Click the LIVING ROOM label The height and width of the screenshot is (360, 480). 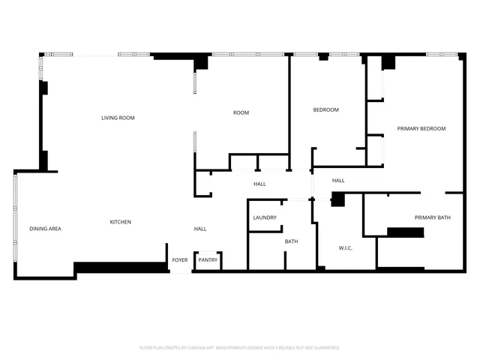click(x=118, y=118)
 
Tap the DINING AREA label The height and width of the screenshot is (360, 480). click(x=45, y=229)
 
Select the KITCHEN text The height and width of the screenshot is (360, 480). click(x=121, y=222)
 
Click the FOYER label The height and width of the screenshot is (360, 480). click(x=180, y=260)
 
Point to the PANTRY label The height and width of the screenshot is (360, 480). click(x=208, y=260)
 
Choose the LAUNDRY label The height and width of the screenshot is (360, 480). click(x=265, y=217)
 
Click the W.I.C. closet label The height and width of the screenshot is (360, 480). click(x=346, y=247)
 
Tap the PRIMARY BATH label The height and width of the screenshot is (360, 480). click(x=433, y=217)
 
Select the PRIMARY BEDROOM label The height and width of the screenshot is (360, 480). click(x=421, y=128)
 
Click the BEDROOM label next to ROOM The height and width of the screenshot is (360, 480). click(x=325, y=110)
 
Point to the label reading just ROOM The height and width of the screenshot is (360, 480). click(x=241, y=112)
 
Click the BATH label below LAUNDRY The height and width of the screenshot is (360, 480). click(x=291, y=241)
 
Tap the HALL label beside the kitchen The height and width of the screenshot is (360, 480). click(x=200, y=229)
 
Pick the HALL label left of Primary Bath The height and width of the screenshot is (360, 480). click(x=338, y=180)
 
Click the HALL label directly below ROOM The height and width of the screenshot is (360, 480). click(x=259, y=184)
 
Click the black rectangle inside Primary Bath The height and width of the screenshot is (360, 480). click(x=405, y=232)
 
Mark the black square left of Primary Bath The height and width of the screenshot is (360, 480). click(x=337, y=199)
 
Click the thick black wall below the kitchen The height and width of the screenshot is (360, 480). click(x=120, y=267)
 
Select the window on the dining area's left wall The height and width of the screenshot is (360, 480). click(x=14, y=225)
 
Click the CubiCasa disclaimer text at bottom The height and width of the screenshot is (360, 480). click(x=239, y=348)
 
